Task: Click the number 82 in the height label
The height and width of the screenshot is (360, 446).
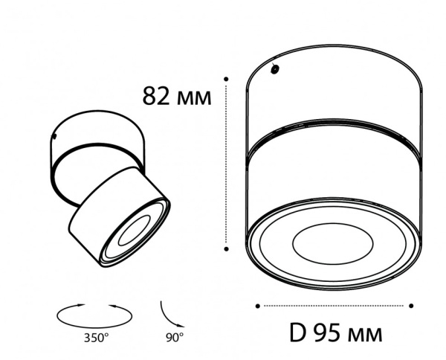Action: pos(156,96)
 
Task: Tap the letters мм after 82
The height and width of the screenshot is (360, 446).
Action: pos(194,98)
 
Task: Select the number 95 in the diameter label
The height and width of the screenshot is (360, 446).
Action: pos(326,332)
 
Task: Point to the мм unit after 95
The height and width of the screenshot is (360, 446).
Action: pos(365,335)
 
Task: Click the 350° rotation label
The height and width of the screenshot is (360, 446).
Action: pos(97,338)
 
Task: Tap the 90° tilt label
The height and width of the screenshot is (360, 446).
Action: pos(175,338)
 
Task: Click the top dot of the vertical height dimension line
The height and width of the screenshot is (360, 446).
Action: pos(226,79)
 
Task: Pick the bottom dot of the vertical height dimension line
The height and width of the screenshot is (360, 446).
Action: pos(226,249)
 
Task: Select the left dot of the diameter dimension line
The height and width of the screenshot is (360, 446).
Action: pos(258,306)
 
